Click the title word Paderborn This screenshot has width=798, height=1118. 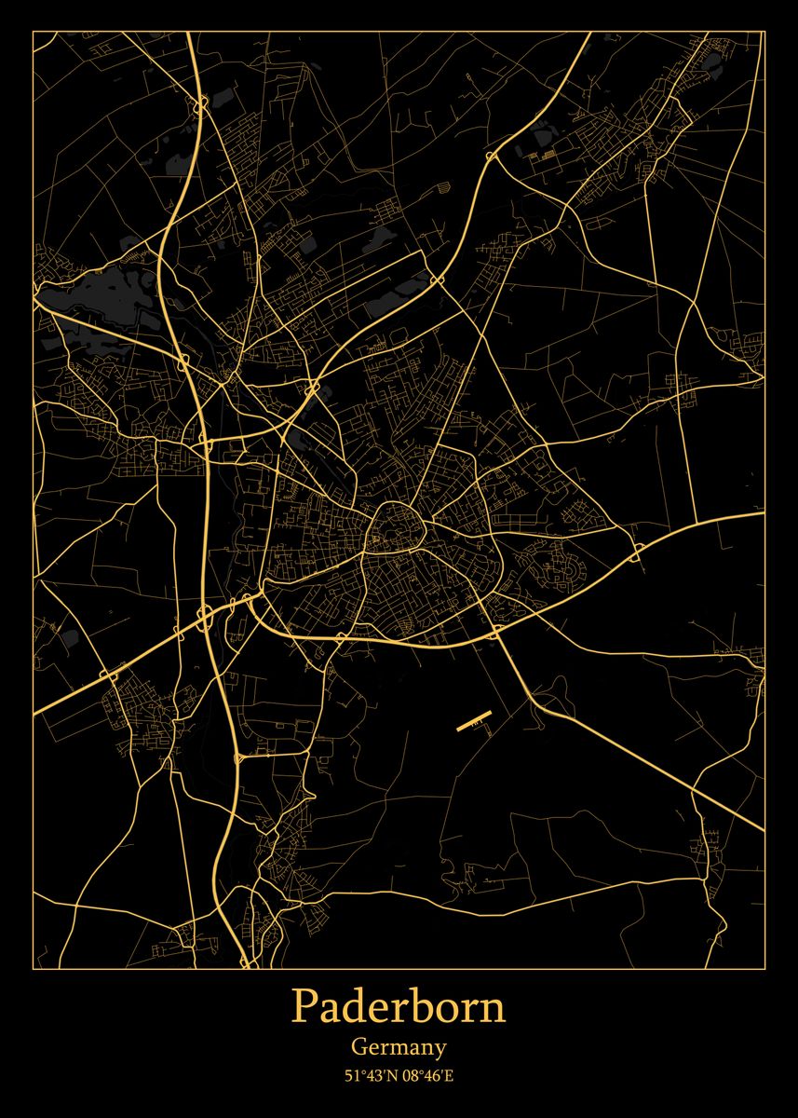point(399,1007)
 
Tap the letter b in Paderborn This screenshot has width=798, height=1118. point(415,1007)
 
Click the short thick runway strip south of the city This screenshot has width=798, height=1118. point(474,720)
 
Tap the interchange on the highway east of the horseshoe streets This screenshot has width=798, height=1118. point(639,552)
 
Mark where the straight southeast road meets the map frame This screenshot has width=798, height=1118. point(764,828)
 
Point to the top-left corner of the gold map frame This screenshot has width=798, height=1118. point(34,32)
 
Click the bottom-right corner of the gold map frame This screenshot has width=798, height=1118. point(764,968)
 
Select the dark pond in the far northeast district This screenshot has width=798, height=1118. point(712,62)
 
